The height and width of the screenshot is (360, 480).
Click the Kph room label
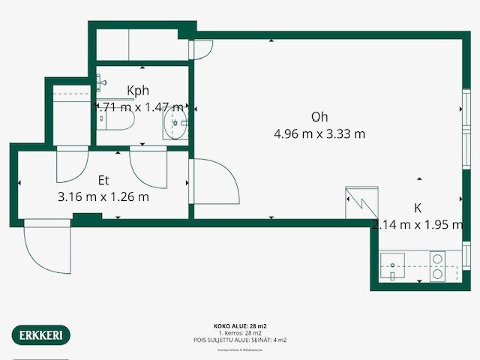pos(138,91)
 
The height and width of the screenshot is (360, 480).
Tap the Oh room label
pos(319,117)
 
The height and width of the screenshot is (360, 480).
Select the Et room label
pos(103,181)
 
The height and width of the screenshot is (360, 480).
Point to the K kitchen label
pos(418,208)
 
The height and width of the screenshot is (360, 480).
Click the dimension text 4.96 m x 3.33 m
pos(319,134)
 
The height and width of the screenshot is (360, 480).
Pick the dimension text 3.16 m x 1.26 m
pos(103,197)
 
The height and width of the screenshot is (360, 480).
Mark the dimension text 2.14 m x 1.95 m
pos(417,224)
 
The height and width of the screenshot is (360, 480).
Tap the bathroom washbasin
pos(177,124)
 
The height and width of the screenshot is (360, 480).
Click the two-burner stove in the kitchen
pos(437,265)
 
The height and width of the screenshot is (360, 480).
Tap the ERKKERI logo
pos(41,334)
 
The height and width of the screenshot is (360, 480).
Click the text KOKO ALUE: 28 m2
pos(240,326)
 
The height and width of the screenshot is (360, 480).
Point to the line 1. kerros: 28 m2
pos(240,333)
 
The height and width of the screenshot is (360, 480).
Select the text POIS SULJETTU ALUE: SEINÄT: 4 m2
pos(240,340)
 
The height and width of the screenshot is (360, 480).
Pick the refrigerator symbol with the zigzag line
pos(358,202)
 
